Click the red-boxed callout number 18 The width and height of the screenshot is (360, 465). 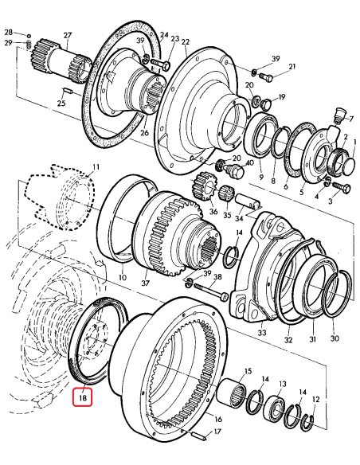[82, 394]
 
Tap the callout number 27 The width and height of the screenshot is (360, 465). [68, 35]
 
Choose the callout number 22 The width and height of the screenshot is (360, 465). [185, 42]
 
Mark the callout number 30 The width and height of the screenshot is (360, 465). [335, 338]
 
